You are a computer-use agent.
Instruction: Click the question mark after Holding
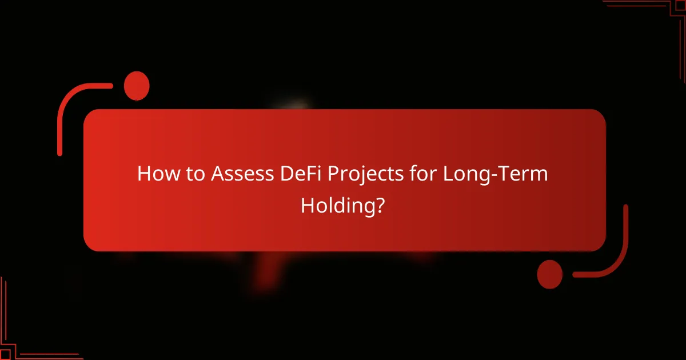379,206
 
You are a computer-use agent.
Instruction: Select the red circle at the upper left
137,86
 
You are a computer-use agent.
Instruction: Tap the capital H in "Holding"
308,206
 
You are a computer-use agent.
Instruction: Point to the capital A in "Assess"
218,174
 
